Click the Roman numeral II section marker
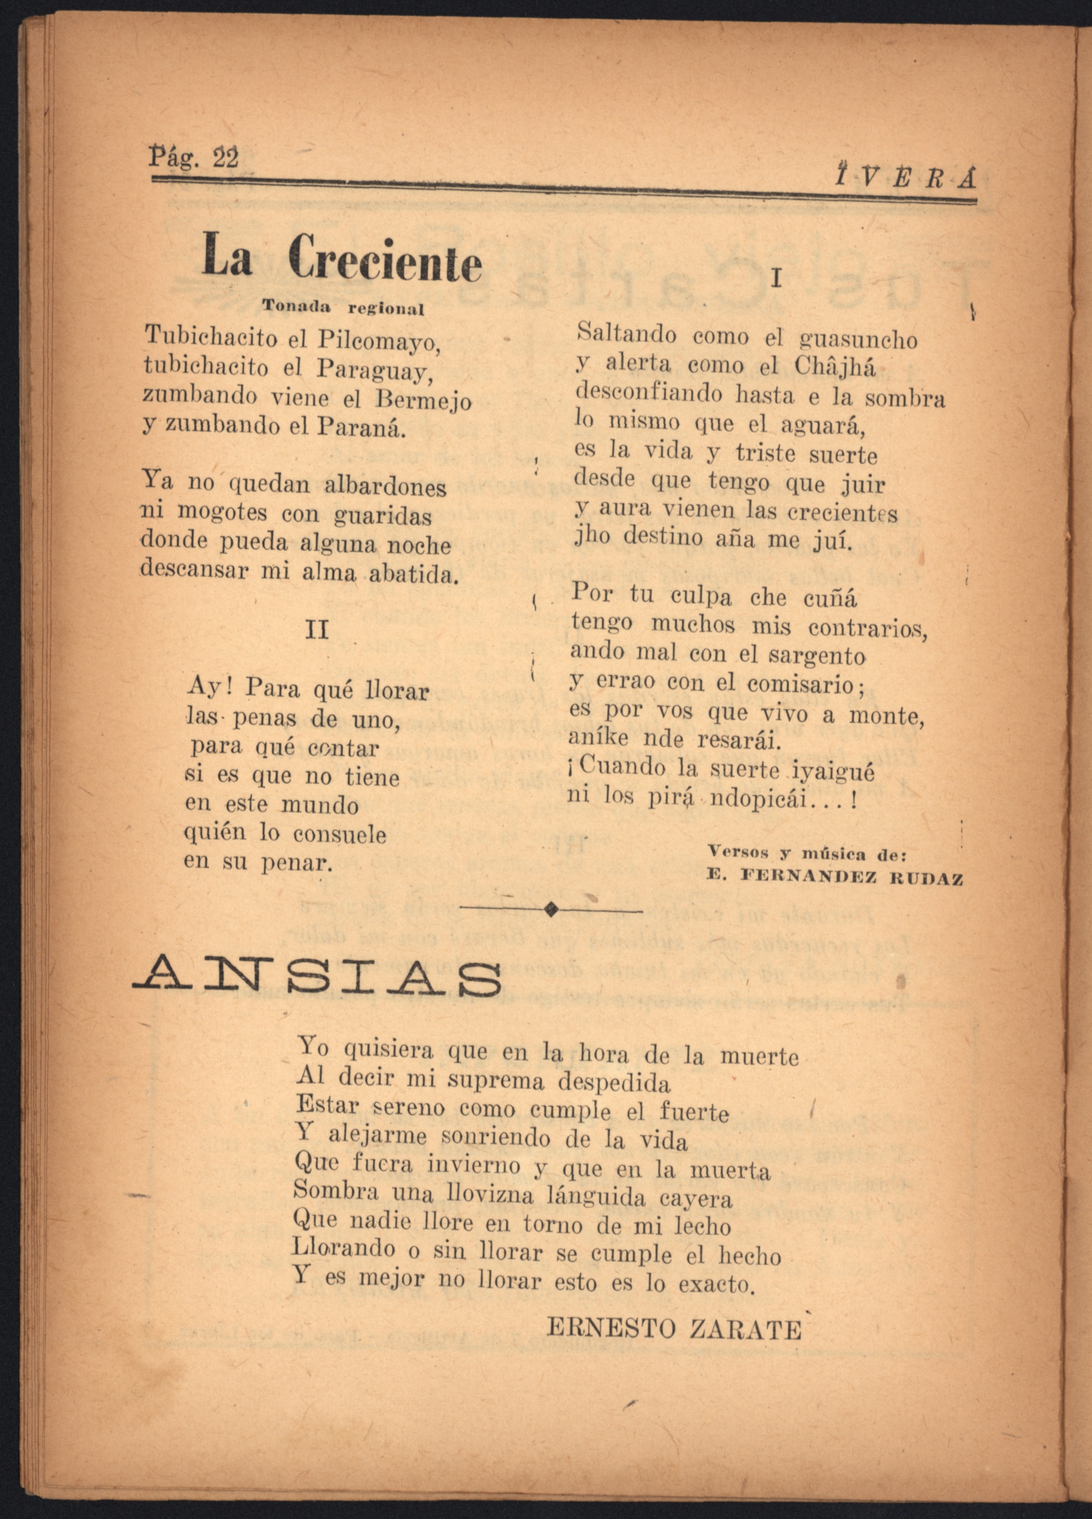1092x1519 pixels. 316,629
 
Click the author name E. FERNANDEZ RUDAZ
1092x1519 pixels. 835,879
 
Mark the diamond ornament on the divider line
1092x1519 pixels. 551,909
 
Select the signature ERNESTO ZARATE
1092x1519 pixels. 674,1309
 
